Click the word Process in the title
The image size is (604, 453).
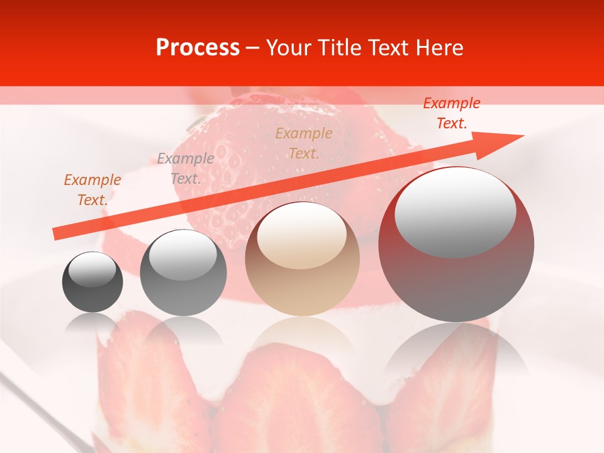tap(198, 47)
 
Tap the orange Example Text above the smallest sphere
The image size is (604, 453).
tap(92, 189)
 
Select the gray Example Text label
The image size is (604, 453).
tap(186, 168)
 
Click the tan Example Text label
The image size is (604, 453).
tap(304, 143)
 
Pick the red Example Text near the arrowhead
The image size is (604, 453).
tap(451, 113)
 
